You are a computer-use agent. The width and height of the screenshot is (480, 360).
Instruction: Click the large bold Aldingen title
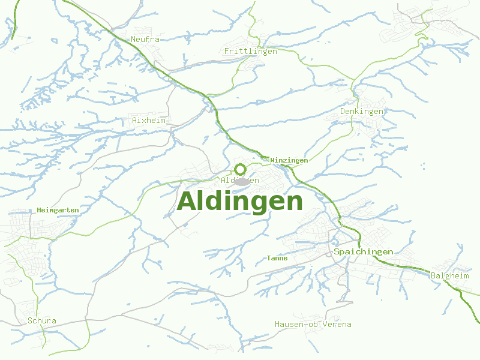click(240, 202)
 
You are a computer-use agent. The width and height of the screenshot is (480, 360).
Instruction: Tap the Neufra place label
click(145, 40)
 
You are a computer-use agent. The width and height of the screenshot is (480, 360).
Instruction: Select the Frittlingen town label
click(250, 52)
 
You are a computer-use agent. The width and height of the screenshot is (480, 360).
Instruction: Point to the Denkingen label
click(361, 112)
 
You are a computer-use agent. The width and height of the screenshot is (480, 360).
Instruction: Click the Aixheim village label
click(148, 121)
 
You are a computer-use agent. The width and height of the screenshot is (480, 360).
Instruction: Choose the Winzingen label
click(289, 160)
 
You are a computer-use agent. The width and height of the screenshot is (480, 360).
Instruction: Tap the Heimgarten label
click(58, 210)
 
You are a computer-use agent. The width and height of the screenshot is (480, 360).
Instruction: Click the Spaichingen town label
click(364, 251)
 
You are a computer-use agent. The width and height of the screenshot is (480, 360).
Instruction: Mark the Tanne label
click(277, 258)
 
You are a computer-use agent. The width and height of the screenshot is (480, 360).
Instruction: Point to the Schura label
click(42, 321)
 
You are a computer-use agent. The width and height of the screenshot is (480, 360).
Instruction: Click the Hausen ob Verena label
click(313, 325)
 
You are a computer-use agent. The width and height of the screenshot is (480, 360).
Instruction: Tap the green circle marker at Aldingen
click(240, 169)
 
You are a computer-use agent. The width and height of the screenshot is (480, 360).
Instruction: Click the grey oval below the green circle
click(241, 181)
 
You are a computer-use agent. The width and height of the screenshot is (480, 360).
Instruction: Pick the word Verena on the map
click(337, 325)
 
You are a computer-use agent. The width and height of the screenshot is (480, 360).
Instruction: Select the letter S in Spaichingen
click(337, 251)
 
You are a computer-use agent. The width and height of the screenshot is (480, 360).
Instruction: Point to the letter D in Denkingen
click(343, 112)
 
